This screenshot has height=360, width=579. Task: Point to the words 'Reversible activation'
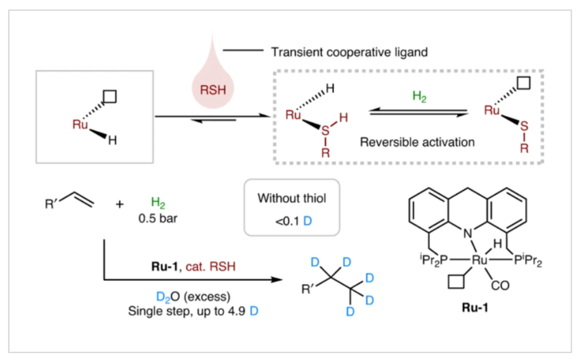point(417,143)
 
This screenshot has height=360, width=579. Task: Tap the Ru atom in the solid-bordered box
point(80,124)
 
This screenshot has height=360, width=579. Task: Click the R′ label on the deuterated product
point(308,288)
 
